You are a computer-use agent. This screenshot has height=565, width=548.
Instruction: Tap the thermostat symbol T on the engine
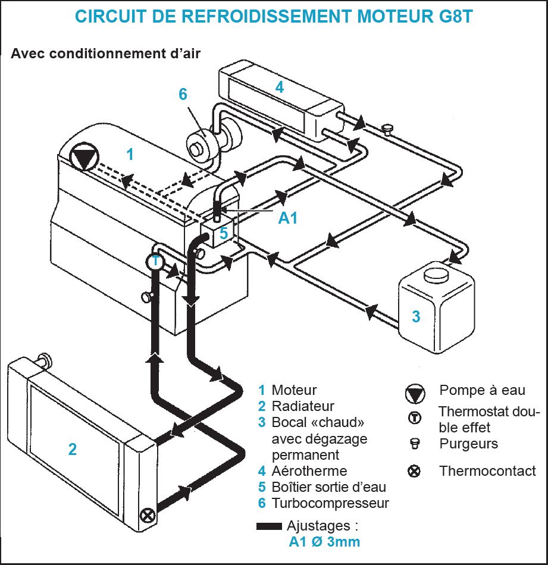pos(155,260)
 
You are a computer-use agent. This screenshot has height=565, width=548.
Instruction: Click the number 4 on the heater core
pos(279,87)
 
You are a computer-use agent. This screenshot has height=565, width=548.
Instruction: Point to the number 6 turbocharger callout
pos(183,95)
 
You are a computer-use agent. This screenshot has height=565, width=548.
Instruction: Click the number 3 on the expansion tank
pos(417,316)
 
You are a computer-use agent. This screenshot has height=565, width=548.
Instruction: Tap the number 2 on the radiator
pos(72,448)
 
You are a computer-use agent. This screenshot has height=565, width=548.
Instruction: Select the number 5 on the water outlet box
pos(224,234)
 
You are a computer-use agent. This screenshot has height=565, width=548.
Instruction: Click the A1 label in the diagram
pos(288,219)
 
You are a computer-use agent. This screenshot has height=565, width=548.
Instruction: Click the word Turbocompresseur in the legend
pos(330,503)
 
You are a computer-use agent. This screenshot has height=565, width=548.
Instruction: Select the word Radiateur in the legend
pos(303,406)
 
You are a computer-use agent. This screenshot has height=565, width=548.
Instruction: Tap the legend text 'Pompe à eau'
pos(482,390)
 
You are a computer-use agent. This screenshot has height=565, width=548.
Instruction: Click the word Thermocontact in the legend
pos(487,471)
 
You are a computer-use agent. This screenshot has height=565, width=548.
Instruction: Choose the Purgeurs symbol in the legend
pos(415,443)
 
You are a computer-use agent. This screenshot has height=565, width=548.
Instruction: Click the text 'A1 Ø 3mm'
pos(324,542)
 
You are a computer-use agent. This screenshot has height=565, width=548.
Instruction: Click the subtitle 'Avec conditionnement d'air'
pos(105,54)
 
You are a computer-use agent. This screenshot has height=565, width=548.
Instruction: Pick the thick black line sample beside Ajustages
pos(269,526)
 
